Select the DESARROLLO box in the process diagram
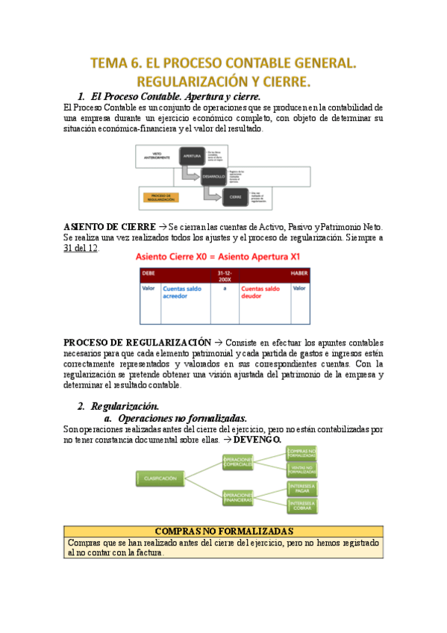[213, 177]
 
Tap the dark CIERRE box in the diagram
[235, 197]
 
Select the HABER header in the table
[298, 273]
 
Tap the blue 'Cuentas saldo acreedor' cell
[182, 292]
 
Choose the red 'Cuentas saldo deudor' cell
[261, 292]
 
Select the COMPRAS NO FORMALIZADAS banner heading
[224, 530]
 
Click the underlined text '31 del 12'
[81, 249]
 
